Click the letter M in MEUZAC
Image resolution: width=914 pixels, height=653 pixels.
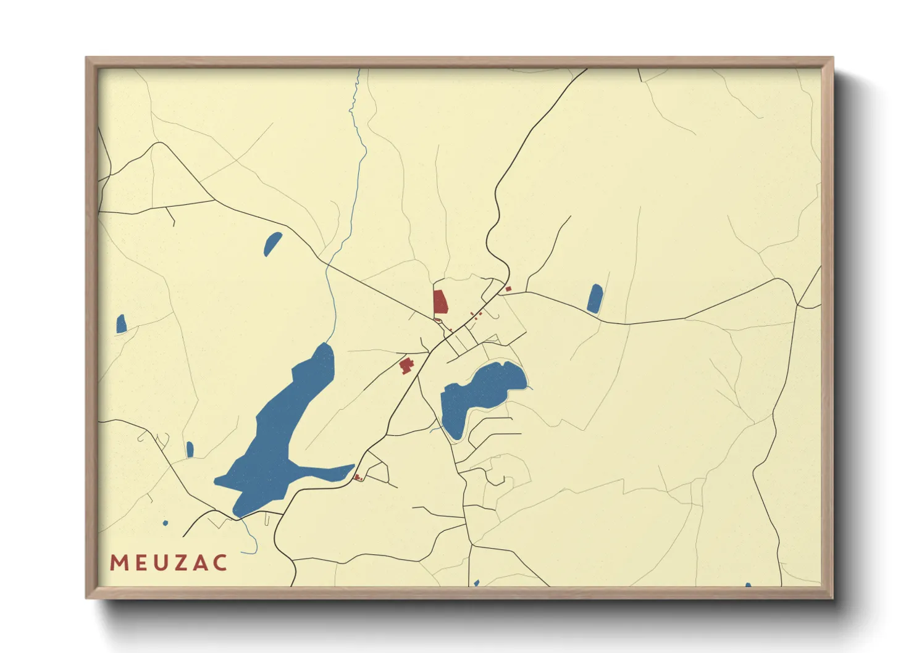(119, 563)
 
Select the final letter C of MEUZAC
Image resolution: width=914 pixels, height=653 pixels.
(219, 563)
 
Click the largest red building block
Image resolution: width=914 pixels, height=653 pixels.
(440, 302)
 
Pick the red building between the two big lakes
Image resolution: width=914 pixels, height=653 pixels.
(406, 365)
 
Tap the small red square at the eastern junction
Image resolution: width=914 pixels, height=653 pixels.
(508, 289)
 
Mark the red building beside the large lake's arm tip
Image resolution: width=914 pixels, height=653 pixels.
(358, 477)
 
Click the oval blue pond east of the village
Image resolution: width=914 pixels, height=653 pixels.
(595, 299)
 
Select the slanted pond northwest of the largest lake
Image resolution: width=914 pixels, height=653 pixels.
(272, 244)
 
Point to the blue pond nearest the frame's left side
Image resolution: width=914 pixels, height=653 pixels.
(121, 324)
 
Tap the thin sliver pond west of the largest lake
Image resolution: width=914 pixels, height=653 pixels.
(190, 449)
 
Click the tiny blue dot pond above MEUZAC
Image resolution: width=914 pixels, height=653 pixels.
(165, 523)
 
